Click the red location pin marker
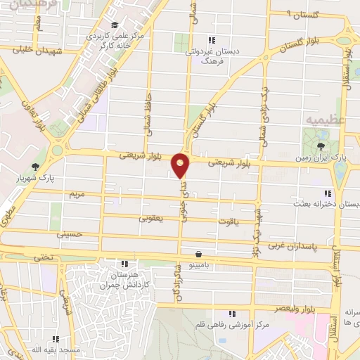pos(181,167)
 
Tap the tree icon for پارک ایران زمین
pos(321,146)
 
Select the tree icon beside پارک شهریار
pos(35,167)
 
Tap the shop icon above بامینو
pos(200,253)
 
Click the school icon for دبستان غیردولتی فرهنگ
pos(212,40)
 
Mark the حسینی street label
pos(70,233)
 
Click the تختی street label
pos(44,258)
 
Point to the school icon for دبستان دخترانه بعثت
pos(327,193)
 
